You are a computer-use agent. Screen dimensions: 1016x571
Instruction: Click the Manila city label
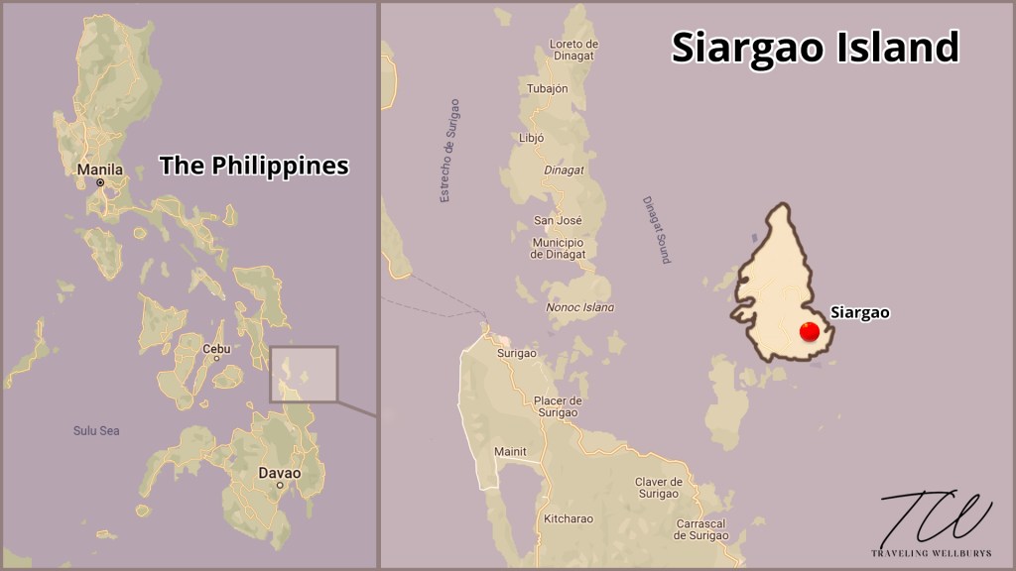[x=100, y=170]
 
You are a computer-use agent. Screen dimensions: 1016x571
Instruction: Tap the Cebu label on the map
[x=216, y=349]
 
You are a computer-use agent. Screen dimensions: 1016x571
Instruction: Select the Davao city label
[x=279, y=473]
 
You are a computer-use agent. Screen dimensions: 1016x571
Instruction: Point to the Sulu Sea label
[x=96, y=430]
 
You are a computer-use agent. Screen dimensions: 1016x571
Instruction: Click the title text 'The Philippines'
[x=254, y=166]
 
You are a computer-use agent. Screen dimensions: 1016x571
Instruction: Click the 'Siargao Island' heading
[x=815, y=47]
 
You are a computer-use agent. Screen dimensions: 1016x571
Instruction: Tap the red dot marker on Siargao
[x=810, y=332]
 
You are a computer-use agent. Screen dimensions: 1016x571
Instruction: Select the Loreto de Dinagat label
[x=573, y=50]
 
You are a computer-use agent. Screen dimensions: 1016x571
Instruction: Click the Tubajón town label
[x=548, y=88]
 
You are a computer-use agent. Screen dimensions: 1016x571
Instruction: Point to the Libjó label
[x=532, y=138]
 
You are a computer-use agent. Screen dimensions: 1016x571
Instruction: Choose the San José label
[x=558, y=220]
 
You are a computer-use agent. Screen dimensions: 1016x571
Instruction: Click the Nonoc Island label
[x=579, y=307]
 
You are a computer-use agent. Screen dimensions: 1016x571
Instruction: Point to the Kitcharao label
[x=568, y=518]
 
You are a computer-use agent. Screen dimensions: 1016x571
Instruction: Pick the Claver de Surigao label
[x=657, y=488]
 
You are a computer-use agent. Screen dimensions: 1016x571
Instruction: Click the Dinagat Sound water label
[x=656, y=229]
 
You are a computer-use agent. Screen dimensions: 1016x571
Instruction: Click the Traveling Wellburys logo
[x=936, y=524]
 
